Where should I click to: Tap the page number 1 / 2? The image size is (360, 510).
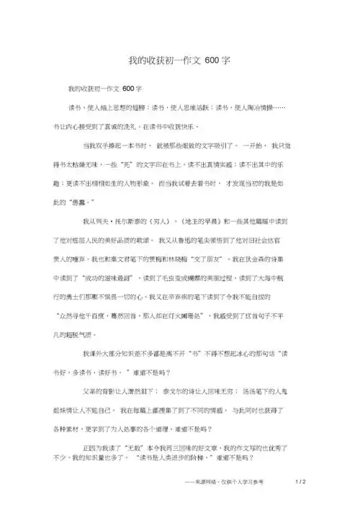click(301, 481)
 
